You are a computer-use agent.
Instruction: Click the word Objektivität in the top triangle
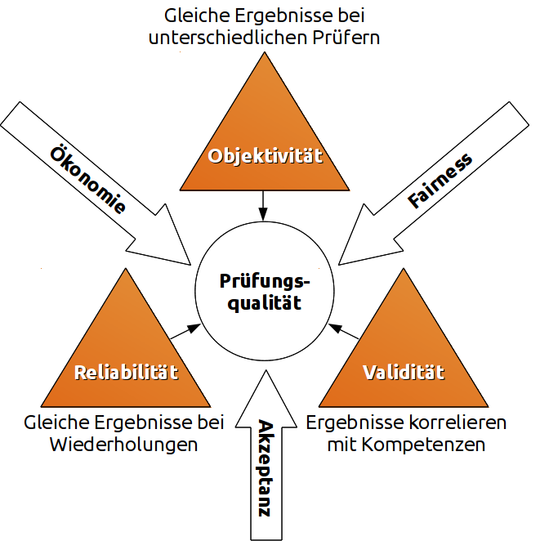(266, 155)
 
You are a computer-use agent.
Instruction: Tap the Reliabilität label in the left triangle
(126, 373)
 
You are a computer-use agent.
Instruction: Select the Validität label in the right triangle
(403, 373)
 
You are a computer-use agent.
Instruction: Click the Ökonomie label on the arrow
(88, 179)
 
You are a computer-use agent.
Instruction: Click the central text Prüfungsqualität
(266, 292)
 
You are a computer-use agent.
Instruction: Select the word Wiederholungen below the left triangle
(123, 445)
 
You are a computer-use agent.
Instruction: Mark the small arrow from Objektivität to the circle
(263, 203)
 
